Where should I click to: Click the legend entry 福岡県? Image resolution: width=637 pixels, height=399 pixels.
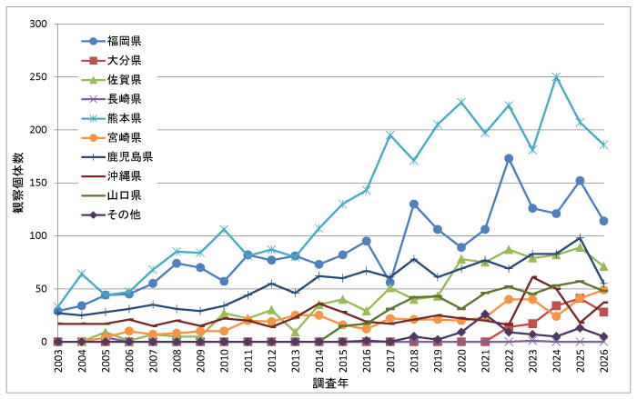coord(123,41)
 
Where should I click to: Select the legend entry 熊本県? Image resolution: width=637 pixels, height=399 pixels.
coord(123,118)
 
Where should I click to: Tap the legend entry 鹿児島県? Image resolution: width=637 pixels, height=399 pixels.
coord(127,156)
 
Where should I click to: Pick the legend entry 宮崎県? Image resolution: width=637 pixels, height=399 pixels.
coord(123,137)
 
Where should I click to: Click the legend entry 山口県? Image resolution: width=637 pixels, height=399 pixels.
coord(123,195)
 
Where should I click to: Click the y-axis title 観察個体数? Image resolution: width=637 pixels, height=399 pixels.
coord(17,183)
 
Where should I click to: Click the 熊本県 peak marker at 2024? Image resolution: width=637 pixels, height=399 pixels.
coord(556,77)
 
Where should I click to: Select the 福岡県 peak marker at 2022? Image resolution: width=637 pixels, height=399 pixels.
coord(509,158)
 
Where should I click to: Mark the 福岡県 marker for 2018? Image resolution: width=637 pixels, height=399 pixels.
coord(414,204)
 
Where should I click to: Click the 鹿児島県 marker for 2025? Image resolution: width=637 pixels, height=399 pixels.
coord(580,238)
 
